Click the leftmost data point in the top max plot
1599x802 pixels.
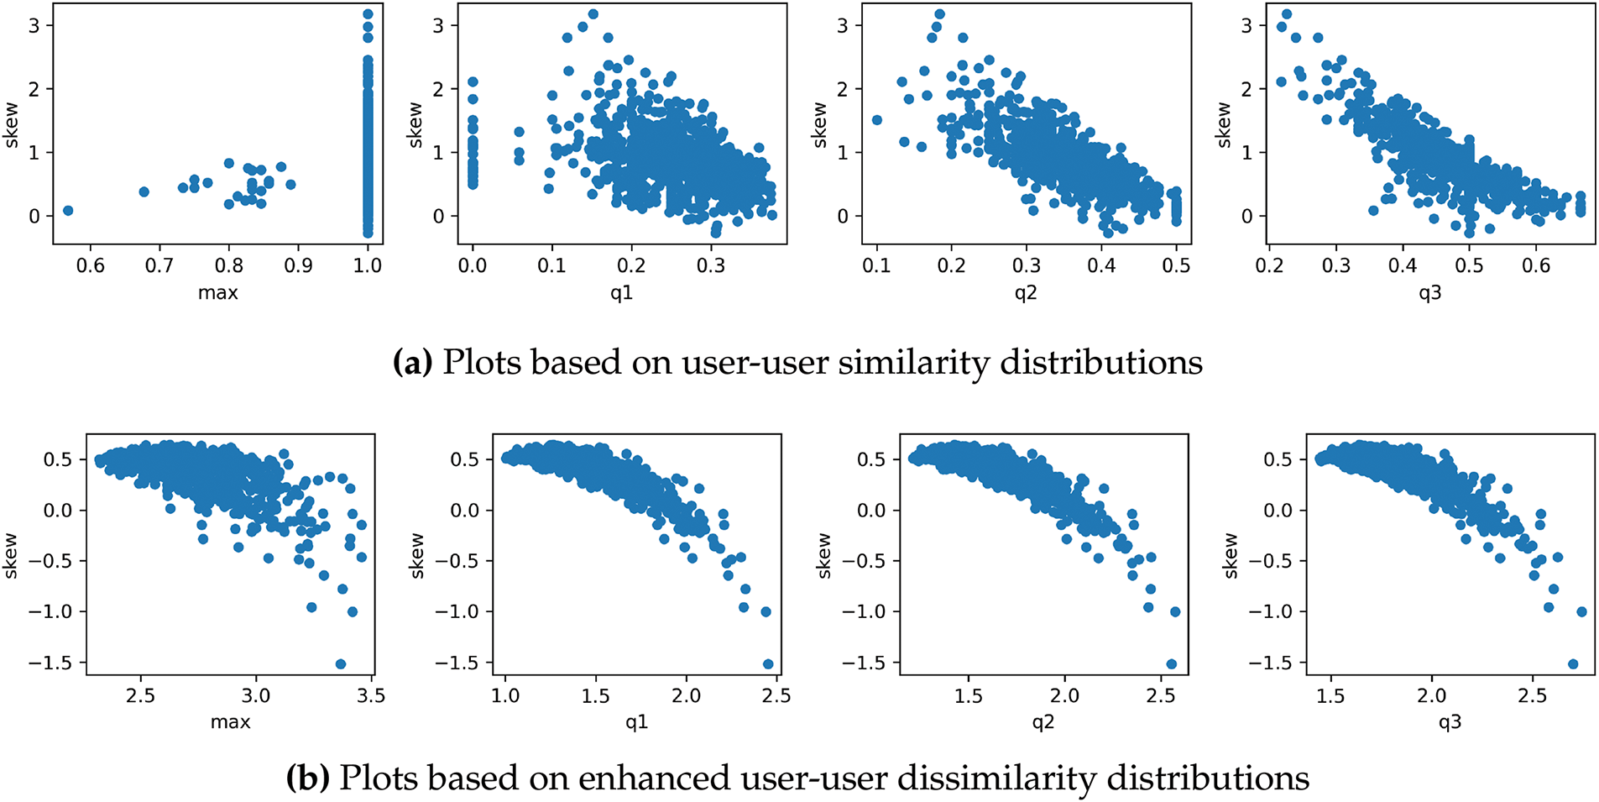pos(68,211)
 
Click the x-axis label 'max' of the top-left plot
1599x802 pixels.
pos(217,293)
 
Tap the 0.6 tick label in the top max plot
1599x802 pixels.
pos(91,266)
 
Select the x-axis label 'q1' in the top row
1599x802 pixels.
pos(621,293)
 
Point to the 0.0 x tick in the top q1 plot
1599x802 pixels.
pos(473,266)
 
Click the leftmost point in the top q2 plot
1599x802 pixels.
pos(877,120)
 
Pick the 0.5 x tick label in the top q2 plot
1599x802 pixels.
pos(1176,266)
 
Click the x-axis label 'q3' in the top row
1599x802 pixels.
pos(1429,293)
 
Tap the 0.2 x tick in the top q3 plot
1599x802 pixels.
pos(1269,266)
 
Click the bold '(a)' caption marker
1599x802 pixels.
pos(412,363)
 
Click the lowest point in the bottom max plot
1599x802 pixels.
pos(341,663)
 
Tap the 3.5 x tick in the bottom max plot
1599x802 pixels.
pos(371,696)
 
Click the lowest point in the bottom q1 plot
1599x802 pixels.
pos(768,663)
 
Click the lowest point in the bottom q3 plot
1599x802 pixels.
pos(1573,663)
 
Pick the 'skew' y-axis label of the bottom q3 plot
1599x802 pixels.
pos(1231,555)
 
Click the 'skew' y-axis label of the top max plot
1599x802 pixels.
pos(12,125)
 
